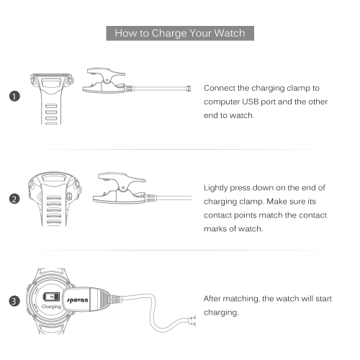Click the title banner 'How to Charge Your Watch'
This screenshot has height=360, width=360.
coord(180,33)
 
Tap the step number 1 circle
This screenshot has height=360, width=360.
coord(14,96)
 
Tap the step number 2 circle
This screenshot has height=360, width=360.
coord(14,199)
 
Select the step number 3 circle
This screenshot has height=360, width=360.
coord(14,301)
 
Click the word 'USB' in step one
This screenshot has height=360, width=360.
coord(250,102)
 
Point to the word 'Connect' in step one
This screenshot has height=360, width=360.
coord(220,88)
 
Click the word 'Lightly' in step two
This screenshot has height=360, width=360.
coord(215,188)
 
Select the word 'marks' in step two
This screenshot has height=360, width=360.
coord(215,229)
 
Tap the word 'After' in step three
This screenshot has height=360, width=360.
coord(212,299)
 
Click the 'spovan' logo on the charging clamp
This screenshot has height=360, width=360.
coord(77,300)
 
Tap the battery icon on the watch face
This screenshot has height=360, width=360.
coord(51,297)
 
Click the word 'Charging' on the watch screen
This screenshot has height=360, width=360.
coord(51,307)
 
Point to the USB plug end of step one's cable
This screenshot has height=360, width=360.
coord(189,89)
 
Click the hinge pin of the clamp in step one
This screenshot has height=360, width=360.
coord(107,80)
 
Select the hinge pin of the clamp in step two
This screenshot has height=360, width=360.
coord(123,187)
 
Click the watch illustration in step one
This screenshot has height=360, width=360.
coord(51,99)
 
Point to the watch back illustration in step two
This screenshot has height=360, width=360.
coord(54,199)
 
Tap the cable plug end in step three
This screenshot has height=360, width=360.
coord(193,321)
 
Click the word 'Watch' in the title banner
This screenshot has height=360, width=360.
coord(230,33)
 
